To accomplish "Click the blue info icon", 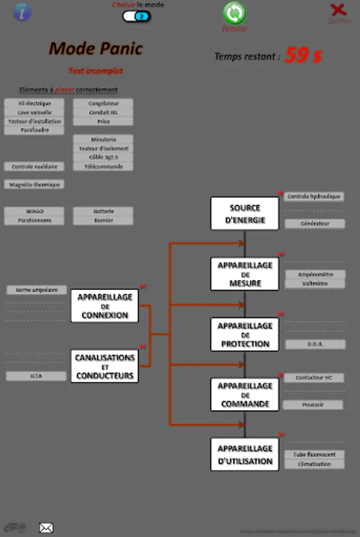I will click(22, 12).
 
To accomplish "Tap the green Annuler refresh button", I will click(235, 14).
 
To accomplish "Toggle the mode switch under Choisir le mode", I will click(137, 16).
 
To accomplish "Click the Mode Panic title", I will click(96, 48).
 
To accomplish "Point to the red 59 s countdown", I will click(303, 55).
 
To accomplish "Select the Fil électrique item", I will click(35, 103).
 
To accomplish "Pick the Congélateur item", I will click(103, 103).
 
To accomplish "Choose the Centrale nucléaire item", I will click(35, 166).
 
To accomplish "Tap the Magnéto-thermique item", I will click(35, 185).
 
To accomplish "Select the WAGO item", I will click(35, 211).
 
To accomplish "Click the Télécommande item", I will click(103, 166).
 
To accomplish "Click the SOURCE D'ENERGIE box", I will click(245, 214).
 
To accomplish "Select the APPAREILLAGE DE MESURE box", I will click(245, 274).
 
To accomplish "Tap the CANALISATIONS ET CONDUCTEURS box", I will click(104, 366).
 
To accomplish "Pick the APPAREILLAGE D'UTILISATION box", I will click(245, 455).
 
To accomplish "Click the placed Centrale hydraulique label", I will click(314, 196).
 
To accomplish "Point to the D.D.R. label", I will click(315, 344).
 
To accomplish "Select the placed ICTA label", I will click(36, 376).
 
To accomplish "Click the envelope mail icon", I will click(46, 527).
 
